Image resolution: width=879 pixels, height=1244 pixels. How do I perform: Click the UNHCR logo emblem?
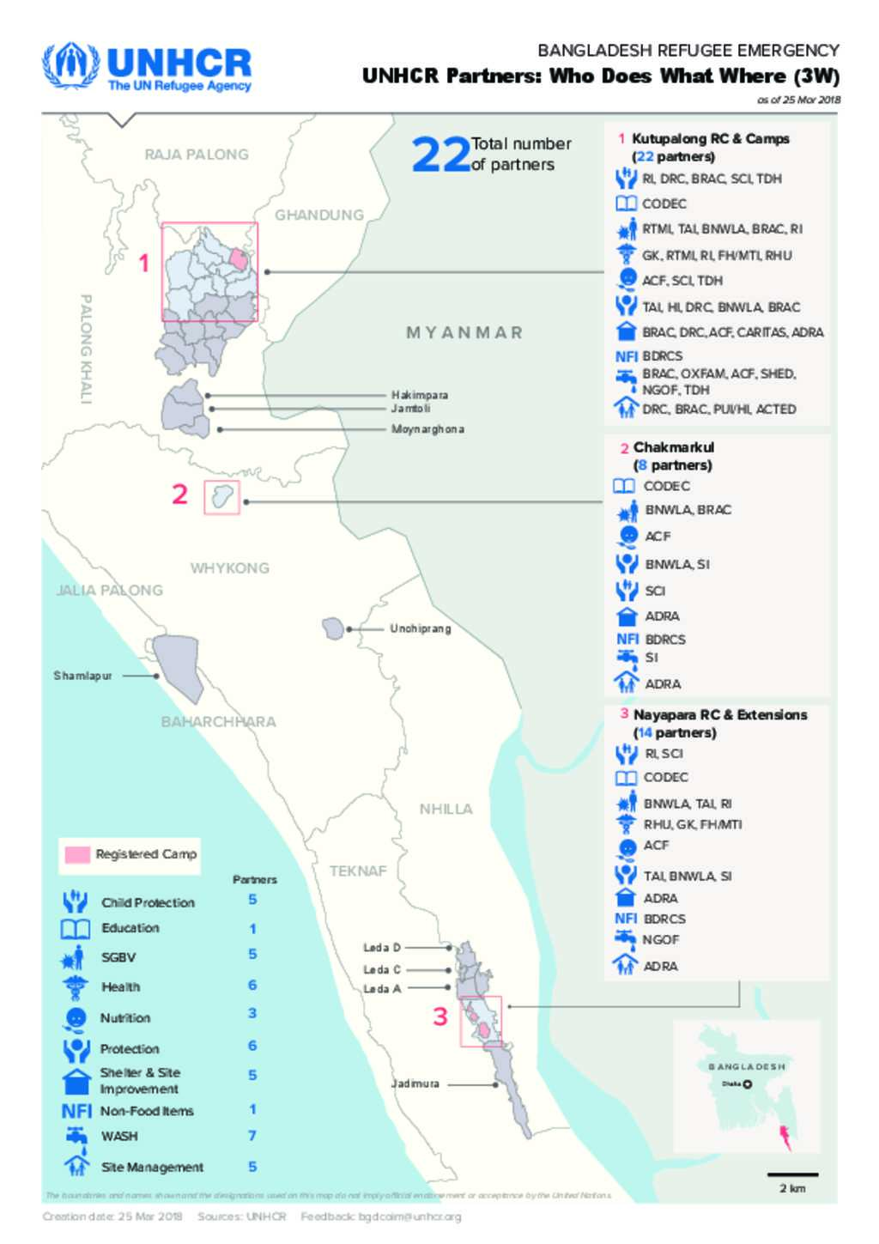click(x=71, y=64)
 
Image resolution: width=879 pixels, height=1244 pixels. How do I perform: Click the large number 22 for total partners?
click(x=440, y=155)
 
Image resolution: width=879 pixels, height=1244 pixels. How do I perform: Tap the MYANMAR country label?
click(x=464, y=332)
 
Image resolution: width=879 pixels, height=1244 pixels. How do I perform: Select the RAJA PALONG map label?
click(x=197, y=155)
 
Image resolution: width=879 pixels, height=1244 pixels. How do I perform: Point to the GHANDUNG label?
click(x=318, y=215)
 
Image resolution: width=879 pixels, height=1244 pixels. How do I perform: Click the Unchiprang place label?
click(x=420, y=628)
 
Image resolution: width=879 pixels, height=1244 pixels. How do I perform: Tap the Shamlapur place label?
click(x=82, y=676)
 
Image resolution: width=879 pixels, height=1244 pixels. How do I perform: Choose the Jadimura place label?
click(x=415, y=1083)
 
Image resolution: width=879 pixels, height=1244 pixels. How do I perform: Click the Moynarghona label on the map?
click(x=427, y=428)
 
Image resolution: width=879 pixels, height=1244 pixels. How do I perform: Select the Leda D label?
click(x=381, y=948)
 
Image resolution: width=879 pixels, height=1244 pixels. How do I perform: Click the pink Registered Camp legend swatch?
click(x=77, y=854)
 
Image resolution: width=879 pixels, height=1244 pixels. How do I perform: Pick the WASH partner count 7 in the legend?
click(x=252, y=1136)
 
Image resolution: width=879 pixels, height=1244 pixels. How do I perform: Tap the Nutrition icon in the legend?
click(x=76, y=1017)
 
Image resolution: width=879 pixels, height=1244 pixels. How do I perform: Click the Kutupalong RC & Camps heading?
click(x=710, y=138)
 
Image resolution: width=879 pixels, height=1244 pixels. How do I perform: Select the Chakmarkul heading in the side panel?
click(x=673, y=447)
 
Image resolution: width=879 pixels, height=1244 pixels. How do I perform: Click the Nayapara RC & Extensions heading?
click(x=719, y=714)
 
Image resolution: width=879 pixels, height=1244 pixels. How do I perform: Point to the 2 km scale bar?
click(x=792, y=1175)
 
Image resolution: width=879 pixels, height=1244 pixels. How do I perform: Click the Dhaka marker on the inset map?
click(x=748, y=1084)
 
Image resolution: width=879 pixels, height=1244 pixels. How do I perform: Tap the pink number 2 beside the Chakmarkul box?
click(x=179, y=495)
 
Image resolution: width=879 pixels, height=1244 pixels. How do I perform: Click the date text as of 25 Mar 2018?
click(x=797, y=100)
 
